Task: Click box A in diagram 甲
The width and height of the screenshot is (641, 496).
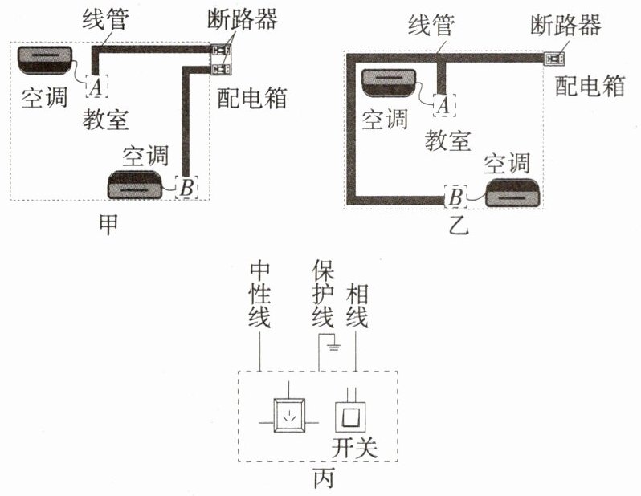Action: click(x=97, y=86)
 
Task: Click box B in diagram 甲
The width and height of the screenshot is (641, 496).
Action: click(x=187, y=188)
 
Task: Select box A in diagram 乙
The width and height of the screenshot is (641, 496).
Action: click(x=444, y=105)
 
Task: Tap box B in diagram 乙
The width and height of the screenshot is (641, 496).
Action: click(x=455, y=196)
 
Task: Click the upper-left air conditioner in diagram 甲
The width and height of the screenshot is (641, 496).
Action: click(x=45, y=60)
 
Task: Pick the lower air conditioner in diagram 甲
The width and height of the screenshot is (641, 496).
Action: click(x=134, y=185)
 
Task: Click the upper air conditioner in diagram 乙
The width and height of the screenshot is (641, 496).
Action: click(x=389, y=83)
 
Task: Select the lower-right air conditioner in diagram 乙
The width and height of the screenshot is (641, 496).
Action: click(x=512, y=193)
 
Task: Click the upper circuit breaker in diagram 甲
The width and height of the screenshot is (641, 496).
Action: click(x=221, y=51)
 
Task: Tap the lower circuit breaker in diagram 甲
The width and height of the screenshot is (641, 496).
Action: click(x=221, y=68)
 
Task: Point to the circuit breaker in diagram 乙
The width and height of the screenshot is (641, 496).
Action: click(x=554, y=59)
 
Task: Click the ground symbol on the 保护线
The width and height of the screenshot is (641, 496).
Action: click(x=334, y=348)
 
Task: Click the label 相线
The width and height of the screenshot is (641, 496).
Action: click(x=357, y=306)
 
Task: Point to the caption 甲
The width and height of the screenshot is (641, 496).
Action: click(x=108, y=225)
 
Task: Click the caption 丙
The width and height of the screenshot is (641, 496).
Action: click(x=324, y=478)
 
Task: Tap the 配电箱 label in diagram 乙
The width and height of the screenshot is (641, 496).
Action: click(x=590, y=85)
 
